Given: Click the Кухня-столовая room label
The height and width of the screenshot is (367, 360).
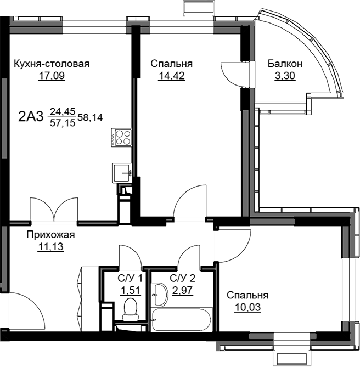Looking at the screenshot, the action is coord(52,64).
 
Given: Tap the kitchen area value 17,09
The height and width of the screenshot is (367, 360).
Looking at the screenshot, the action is coord(52,76).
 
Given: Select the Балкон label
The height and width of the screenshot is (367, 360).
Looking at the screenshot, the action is coord(285,64).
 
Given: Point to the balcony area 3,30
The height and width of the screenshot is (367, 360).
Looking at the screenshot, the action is coord(285,76).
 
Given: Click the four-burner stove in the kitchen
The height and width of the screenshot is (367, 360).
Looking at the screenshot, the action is coord(121,137).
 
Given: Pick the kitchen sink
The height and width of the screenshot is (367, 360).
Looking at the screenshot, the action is coord(122,173).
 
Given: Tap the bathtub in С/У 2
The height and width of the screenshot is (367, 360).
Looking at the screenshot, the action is coord(182,319).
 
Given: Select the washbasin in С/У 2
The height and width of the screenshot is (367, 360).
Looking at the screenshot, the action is coord(159,295).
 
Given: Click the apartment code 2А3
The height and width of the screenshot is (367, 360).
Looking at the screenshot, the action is coord(31,117).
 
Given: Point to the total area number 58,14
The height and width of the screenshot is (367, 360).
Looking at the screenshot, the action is coord(90,117).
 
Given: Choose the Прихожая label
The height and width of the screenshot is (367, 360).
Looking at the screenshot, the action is coord(50,235).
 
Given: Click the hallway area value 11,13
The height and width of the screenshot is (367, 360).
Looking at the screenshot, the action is coord(50,247).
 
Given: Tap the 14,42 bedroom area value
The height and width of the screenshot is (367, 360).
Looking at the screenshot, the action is coord(172,76).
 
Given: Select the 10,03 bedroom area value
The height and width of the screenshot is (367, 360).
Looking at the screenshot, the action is coord(248,308).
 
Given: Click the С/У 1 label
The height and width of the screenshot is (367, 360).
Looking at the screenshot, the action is coord(130,279).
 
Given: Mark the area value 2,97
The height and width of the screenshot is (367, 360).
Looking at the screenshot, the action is coord(182,290).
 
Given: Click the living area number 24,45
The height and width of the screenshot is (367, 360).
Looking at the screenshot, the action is coord(63,112).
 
